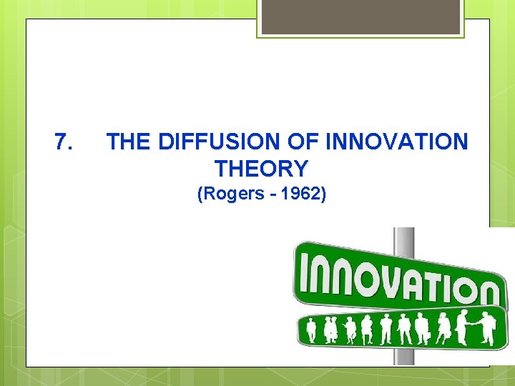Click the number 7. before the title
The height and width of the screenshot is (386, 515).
(63, 142)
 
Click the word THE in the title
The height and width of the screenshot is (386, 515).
(129, 142)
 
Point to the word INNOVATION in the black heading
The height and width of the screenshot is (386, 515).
(396, 142)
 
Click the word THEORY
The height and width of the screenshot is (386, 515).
(261, 169)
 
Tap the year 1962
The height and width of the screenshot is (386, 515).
(303, 194)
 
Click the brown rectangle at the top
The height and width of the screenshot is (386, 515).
(360, 16)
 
